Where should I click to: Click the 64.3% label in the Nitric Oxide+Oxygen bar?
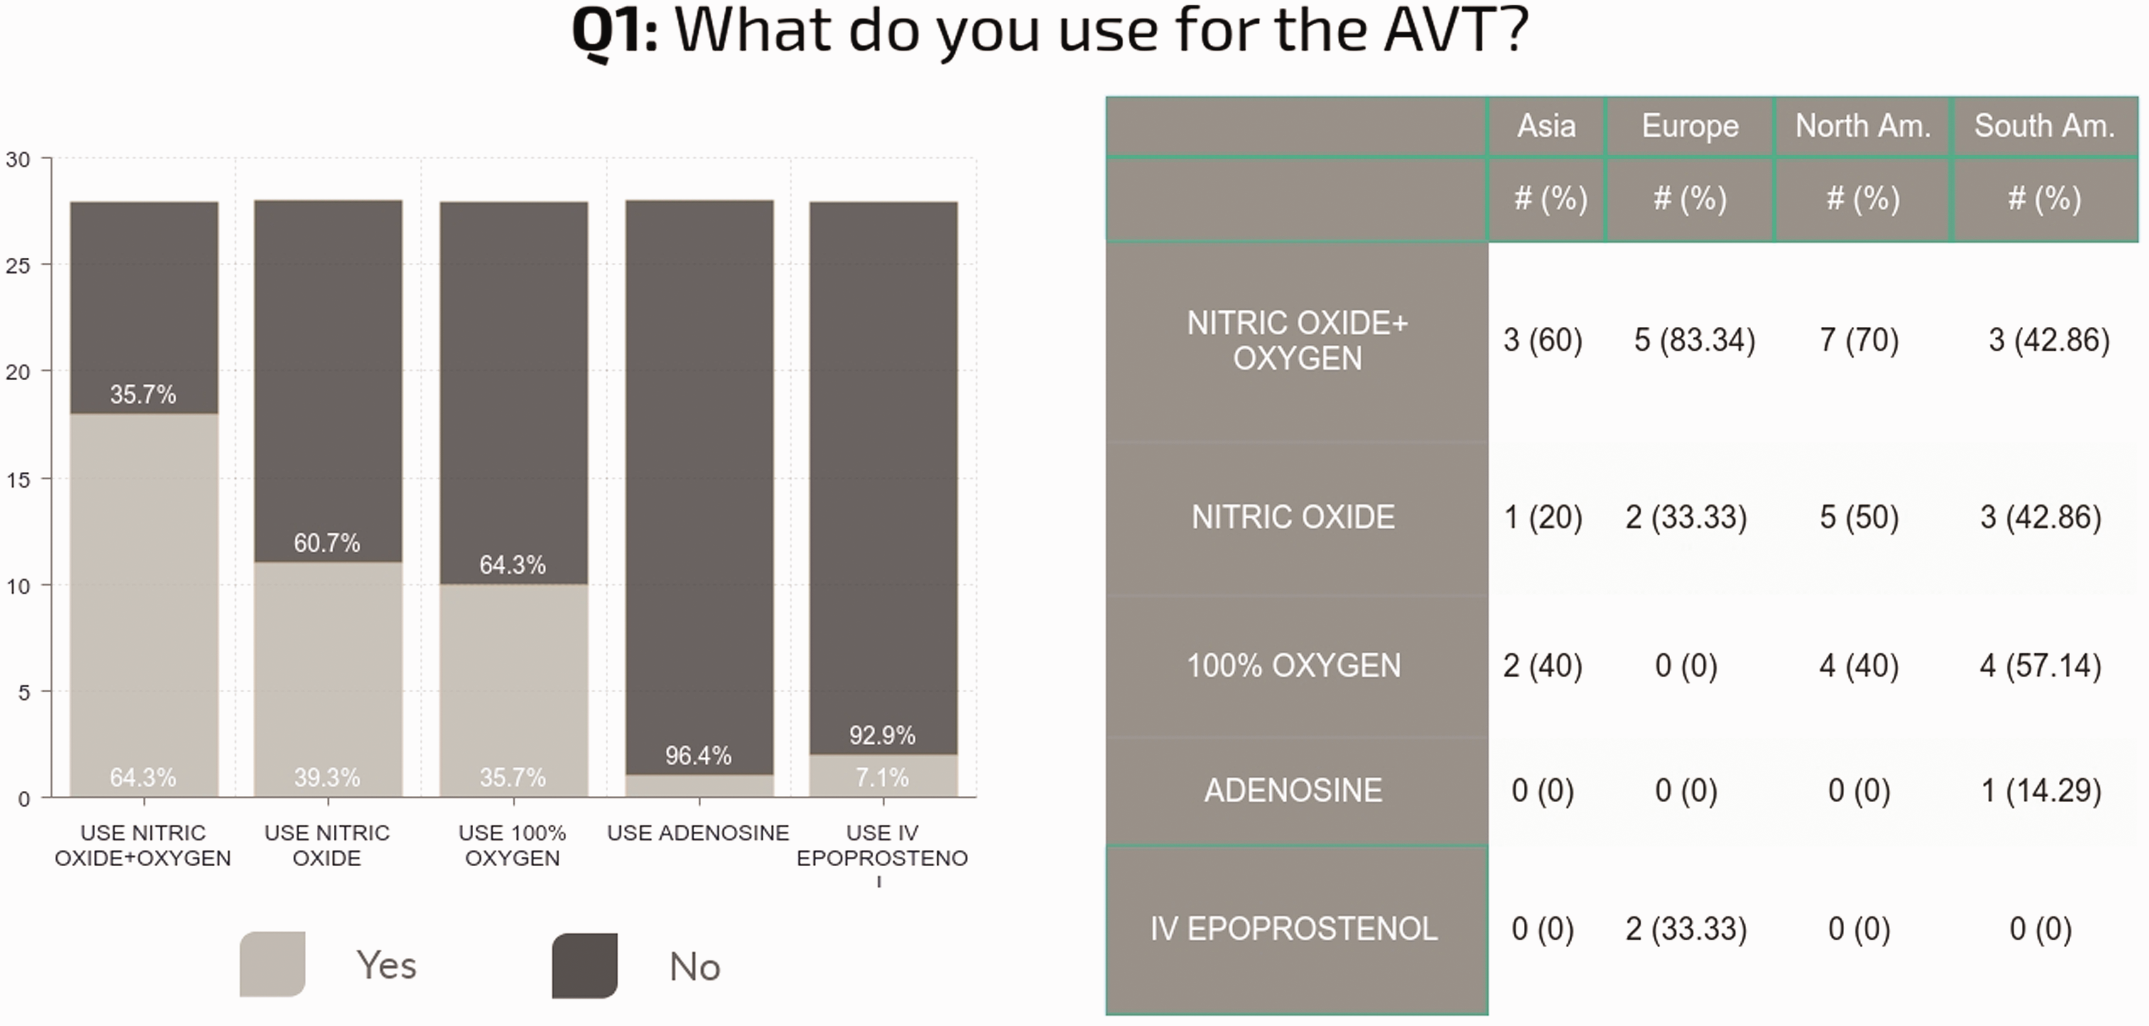coord(143,777)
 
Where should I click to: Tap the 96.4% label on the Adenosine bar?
coord(698,756)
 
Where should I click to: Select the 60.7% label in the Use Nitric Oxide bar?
coord(327,543)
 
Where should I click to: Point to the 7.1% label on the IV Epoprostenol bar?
coord(882,777)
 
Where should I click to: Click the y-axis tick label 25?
coord(18,265)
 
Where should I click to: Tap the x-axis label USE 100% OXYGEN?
coord(512,845)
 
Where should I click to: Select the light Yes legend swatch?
coord(272,964)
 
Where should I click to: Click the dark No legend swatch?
coord(585,966)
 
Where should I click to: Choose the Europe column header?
coord(1690,126)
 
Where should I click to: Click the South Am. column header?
coord(2044,126)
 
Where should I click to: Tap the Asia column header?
coord(1547,126)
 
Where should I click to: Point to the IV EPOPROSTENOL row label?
coord(1294,929)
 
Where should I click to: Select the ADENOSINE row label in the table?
coord(1293,790)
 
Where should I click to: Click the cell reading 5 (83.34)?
coord(1694,340)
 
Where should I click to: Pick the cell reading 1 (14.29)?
coord(2041,790)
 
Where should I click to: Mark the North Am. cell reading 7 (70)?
coord(1859,340)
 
